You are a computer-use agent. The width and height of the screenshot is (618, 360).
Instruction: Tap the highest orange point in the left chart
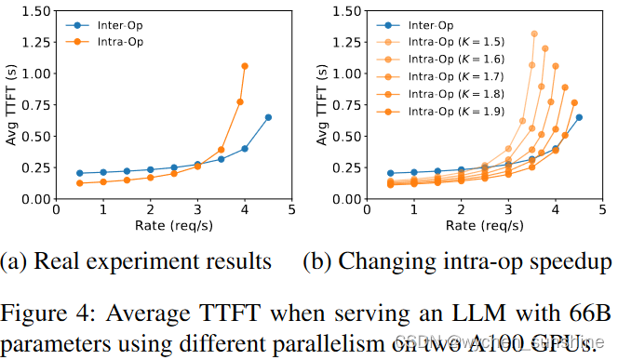click(245, 66)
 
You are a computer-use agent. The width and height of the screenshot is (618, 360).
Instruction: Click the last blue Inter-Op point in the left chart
click(268, 117)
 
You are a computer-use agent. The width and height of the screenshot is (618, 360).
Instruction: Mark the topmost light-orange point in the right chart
click(533, 33)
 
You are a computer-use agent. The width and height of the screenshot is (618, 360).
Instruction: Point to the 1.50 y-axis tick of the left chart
click(35, 12)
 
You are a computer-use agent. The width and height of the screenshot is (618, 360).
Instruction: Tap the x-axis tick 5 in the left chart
click(291, 210)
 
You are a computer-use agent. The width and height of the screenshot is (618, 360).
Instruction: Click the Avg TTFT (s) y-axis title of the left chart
click(11, 104)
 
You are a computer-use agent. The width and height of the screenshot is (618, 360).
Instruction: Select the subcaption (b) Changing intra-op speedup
click(461, 261)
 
